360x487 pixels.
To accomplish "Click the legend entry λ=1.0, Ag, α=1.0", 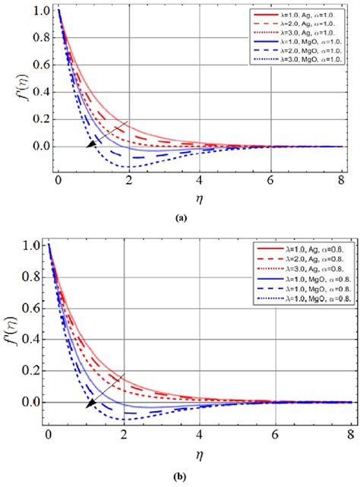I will (x=304, y=14).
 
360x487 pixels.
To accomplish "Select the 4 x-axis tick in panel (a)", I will (x=199, y=181).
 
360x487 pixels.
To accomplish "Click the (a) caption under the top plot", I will (x=180, y=217).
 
